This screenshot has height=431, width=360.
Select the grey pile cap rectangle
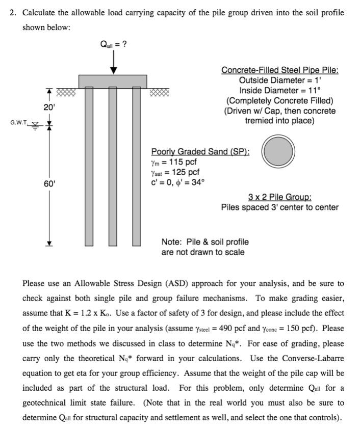click(x=113, y=80)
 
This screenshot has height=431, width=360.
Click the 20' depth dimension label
click(x=47, y=108)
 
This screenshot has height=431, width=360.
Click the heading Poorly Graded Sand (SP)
click(x=200, y=151)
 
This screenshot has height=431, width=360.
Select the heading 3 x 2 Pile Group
click(x=280, y=197)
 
